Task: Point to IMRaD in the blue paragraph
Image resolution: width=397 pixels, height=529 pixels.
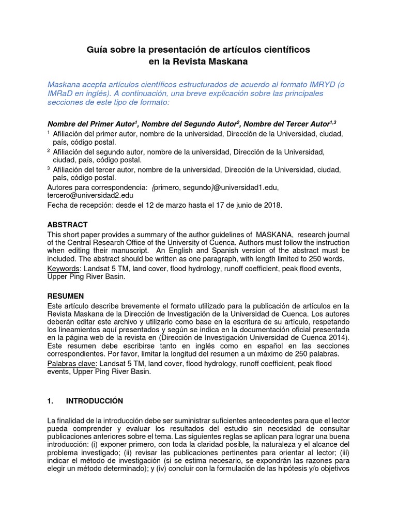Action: [60, 94]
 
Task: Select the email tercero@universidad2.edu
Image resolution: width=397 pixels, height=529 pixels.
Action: [90, 195]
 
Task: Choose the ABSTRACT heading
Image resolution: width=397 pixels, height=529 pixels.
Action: [67, 225]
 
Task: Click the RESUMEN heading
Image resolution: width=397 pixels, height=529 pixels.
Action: [66, 296]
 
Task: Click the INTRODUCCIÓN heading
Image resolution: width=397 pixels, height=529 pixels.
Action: [95, 401]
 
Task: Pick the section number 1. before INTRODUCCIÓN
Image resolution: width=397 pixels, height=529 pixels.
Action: [51, 401]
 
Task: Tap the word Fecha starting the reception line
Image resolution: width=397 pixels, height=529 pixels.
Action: [58, 205]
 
